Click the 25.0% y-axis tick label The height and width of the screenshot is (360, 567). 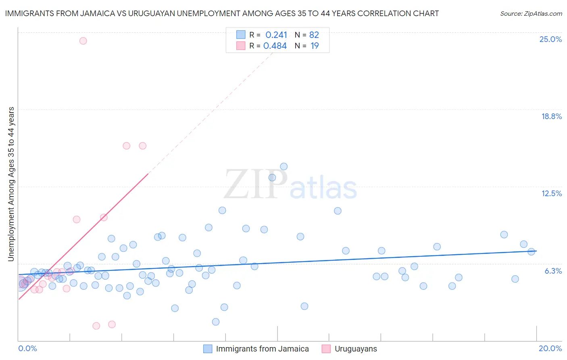pos(550,39)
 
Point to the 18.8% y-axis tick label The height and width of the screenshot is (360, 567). pos(551,116)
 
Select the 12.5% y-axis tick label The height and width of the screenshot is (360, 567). pos(551,193)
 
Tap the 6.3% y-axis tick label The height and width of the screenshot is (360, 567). pos(553,271)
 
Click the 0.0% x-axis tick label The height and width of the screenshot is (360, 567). pos(27,348)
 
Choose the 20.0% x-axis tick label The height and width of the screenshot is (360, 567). pos(550,348)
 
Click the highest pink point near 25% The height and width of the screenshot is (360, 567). pos(83,41)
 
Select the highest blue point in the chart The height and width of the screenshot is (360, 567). pos(283,167)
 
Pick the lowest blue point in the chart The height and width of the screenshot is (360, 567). pos(216,322)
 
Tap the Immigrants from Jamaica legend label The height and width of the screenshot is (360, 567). pos(262,349)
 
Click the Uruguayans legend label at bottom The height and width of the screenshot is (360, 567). pos(356,349)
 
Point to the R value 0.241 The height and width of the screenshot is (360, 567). pos(276,35)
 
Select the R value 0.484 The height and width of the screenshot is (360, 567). pos(275,46)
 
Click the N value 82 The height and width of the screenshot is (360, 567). pos(314,35)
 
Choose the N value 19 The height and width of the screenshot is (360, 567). pos(315,46)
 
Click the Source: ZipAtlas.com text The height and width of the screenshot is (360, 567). pos(531,14)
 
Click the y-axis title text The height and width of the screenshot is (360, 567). pos(11,184)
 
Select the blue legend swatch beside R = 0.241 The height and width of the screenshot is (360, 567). pos(241,35)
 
